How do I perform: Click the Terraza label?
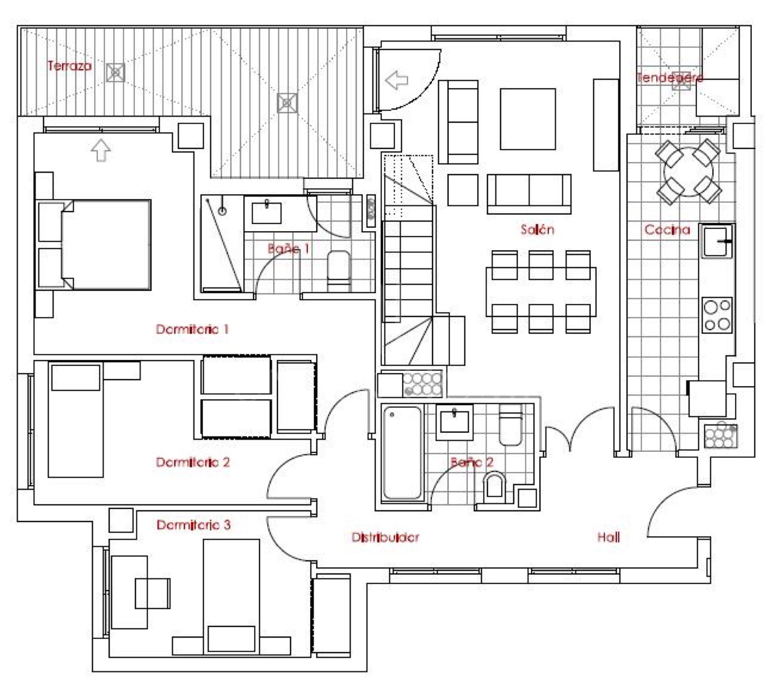pyautogui.click(x=69, y=66)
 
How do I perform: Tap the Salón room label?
pyautogui.click(x=537, y=229)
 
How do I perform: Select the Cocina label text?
pyautogui.click(x=667, y=229)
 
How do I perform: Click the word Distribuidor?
pyautogui.click(x=385, y=537)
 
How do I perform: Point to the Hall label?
pyautogui.click(x=608, y=537)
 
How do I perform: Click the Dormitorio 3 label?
pyautogui.click(x=194, y=525)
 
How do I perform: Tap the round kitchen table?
pyautogui.click(x=688, y=171)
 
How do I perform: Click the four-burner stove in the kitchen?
pyautogui.click(x=717, y=315)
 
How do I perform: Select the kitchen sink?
pyautogui.click(x=717, y=241)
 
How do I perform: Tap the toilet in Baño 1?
pyautogui.click(x=338, y=270)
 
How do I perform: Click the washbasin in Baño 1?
pyautogui.click(x=266, y=213)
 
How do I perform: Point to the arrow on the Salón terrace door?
pyautogui.click(x=397, y=80)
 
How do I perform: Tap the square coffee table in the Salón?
pyautogui.click(x=528, y=119)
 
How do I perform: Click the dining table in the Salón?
pyautogui.click(x=541, y=291)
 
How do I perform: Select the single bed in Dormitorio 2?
pyautogui.click(x=76, y=420)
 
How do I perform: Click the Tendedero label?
pyautogui.click(x=670, y=77)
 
